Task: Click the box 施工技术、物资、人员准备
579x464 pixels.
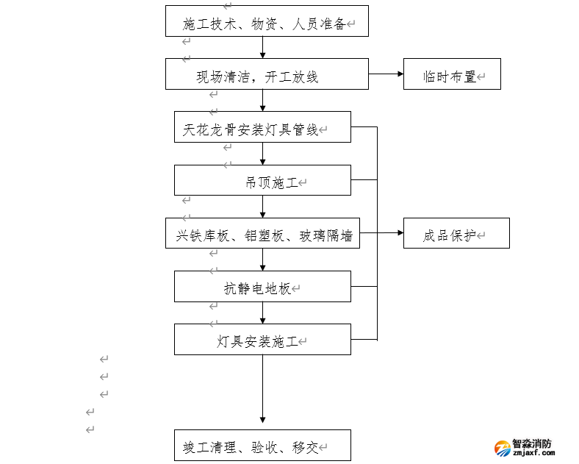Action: click(x=266, y=21)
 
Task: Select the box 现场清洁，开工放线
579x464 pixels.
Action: click(x=266, y=74)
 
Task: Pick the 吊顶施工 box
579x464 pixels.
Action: click(x=262, y=180)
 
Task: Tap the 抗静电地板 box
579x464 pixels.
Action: click(x=262, y=286)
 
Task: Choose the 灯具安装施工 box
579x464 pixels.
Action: click(x=262, y=339)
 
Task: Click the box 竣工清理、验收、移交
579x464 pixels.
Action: click(x=262, y=445)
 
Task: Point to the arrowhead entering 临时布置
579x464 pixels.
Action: click(x=399, y=74)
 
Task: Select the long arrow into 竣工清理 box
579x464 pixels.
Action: click(x=262, y=390)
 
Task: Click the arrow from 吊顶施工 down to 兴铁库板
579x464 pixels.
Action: click(x=262, y=207)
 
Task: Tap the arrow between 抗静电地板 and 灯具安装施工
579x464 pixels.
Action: click(x=262, y=313)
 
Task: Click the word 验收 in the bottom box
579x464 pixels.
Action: click(x=265, y=446)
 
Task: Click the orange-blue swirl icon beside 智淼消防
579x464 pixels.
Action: click(x=503, y=449)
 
